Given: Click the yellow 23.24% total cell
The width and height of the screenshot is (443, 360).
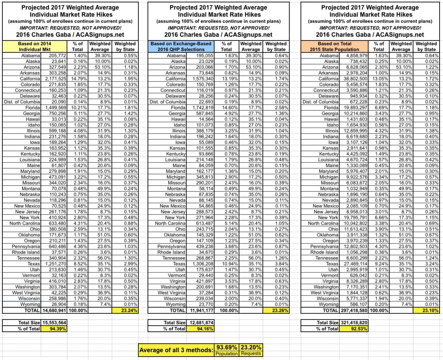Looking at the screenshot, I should [125, 311].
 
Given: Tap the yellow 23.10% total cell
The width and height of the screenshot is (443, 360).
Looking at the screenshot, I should [426, 311].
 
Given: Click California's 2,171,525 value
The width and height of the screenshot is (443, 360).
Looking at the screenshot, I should [54, 79].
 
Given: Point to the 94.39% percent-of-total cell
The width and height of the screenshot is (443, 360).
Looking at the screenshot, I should [54, 329].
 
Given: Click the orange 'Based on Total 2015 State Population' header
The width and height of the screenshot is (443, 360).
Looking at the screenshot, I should [334, 46].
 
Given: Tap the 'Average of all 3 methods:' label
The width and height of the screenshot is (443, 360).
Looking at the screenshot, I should [177, 350].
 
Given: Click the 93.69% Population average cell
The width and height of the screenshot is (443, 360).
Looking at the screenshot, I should [227, 347].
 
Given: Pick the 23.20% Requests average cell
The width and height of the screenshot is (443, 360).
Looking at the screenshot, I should [251, 347].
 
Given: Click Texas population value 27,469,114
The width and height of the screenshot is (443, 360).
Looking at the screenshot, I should [356, 264].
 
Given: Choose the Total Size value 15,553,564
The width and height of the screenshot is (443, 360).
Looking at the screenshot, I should [54, 322].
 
